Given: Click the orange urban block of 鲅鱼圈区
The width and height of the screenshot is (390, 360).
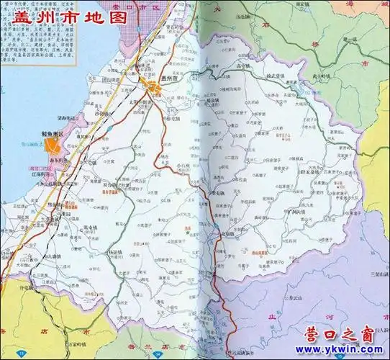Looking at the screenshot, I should [x=53, y=144].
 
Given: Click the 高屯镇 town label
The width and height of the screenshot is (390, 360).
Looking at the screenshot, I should [x=225, y=66].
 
